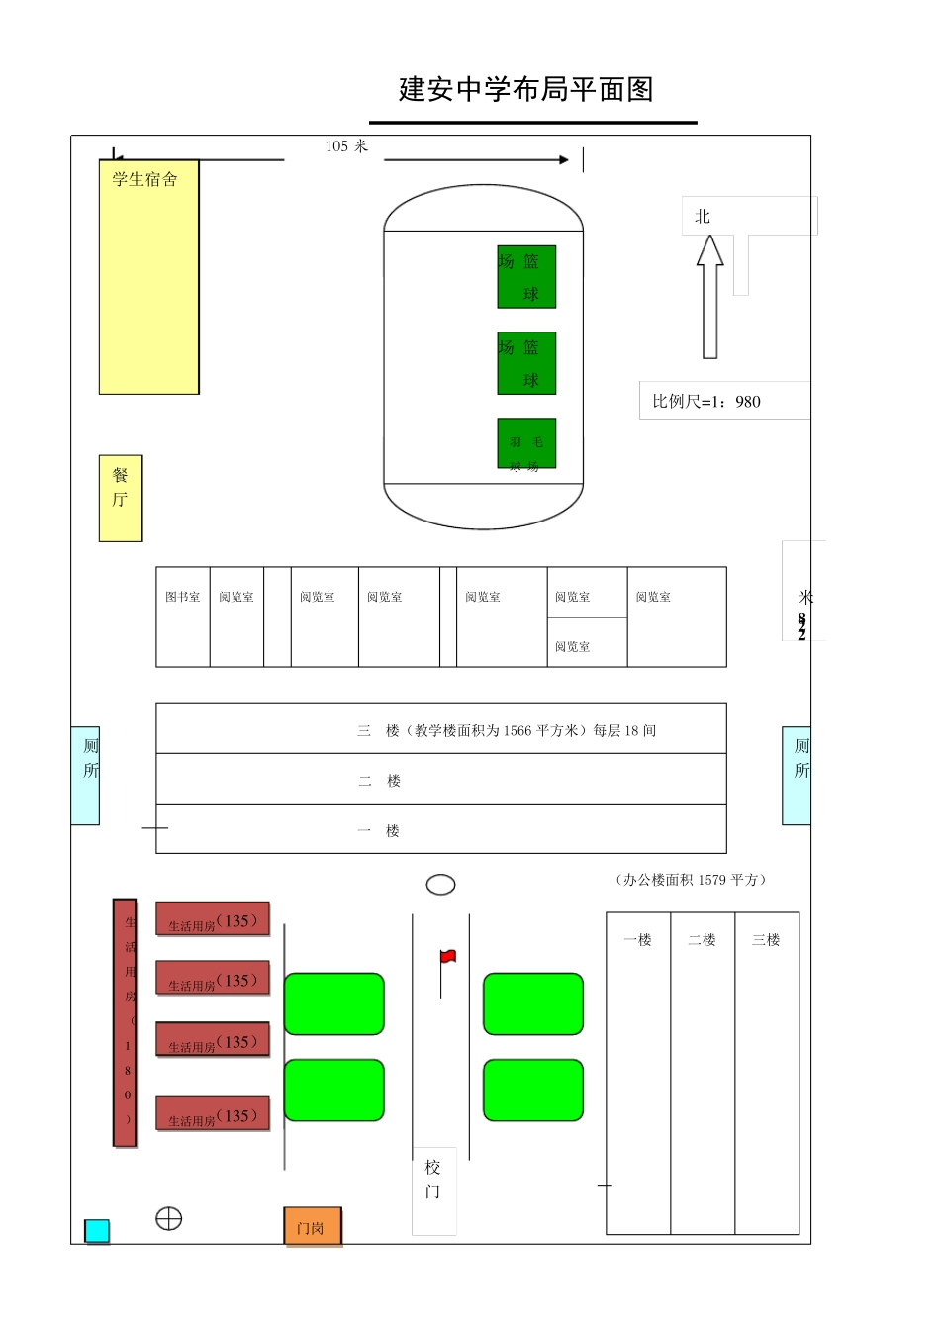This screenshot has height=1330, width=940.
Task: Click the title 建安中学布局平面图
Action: click(x=525, y=90)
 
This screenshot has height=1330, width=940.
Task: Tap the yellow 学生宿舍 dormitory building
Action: click(x=148, y=277)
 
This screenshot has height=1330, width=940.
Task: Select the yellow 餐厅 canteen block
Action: click(x=121, y=498)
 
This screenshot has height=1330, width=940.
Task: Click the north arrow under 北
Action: click(x=709, y=296)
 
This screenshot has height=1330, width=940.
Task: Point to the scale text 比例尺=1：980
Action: click(x=706, y=402)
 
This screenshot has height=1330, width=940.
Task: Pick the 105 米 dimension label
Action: click(x=346, y=146)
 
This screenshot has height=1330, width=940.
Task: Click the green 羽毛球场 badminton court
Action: click(x=526, y=443)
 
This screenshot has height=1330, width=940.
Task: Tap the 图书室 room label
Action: click(x=183, y=597)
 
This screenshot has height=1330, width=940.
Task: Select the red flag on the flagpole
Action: click(x=448, y=957)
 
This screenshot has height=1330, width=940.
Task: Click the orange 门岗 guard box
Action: click(x=313, y=1227)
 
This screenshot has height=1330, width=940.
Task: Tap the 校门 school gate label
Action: click(x=433, y=1180)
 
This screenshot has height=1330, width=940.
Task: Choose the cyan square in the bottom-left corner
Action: click(x=97, y=1231)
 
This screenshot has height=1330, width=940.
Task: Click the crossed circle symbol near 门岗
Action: click(x=169, y=1219)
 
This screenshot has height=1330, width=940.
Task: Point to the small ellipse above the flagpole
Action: click(x=440, y=885)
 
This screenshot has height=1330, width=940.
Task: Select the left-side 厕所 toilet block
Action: click(x=86, y=776)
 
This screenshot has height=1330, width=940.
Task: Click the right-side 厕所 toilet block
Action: click(x=797, y=776)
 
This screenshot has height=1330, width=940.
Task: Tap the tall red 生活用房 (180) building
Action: click(x=125, y=1022)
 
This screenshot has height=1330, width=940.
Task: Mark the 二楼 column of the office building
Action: click(x=703, y=1073)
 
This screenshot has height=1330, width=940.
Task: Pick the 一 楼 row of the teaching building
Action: click(x=441, y=829)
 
